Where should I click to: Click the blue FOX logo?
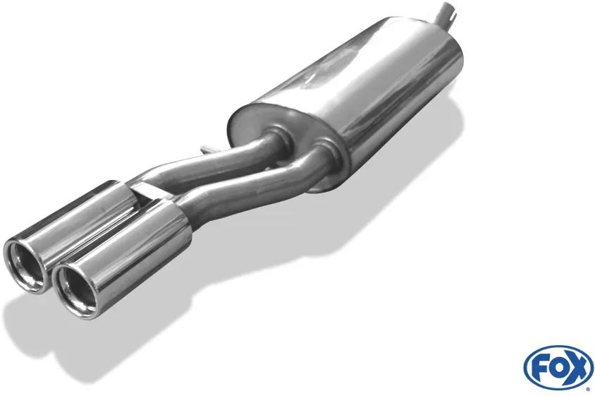[x=558, y=368]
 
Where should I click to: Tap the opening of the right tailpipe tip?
[x=75, y=289]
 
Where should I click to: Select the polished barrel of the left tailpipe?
[x=76, y=220]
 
